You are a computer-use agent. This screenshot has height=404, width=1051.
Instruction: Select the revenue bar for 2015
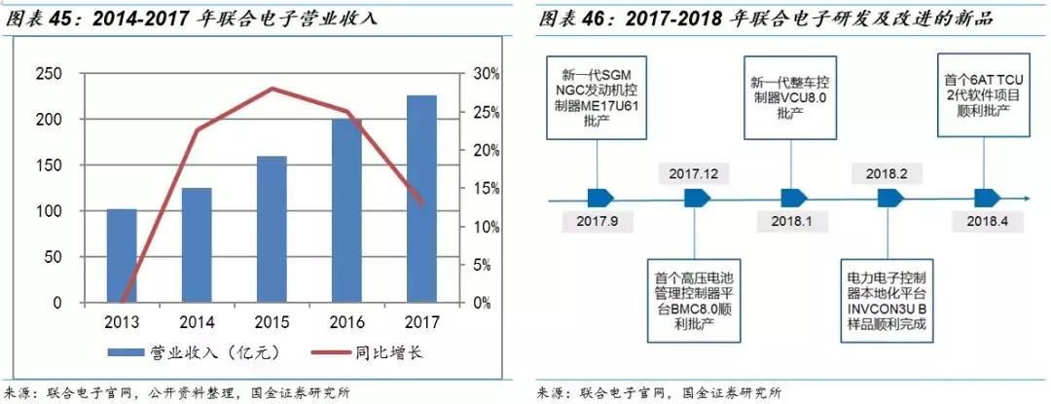272,229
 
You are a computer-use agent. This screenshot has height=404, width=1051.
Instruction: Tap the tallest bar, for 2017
421,199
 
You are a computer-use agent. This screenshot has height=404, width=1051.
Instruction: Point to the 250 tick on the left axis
49,73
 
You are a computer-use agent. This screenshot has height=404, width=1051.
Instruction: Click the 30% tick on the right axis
487,73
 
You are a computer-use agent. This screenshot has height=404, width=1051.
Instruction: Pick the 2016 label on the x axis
347,320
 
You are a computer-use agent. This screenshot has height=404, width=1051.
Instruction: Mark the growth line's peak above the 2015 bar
272,89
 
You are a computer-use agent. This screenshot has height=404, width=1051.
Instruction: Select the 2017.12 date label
694,173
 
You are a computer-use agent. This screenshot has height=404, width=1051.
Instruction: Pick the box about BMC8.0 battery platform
695,299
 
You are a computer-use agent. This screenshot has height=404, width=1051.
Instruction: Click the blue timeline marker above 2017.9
597,197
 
